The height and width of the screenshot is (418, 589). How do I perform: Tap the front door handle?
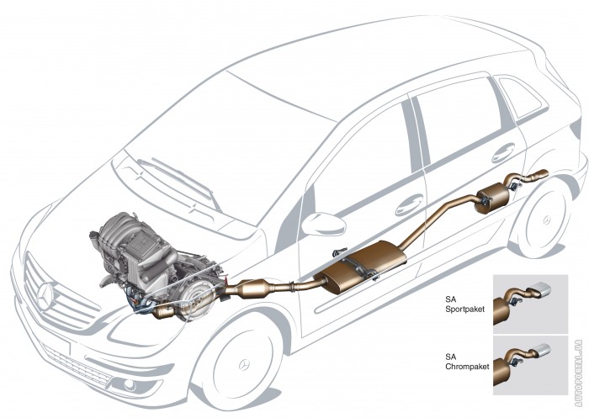click(410, 203)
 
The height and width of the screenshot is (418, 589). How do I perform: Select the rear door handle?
click(503, 153)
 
